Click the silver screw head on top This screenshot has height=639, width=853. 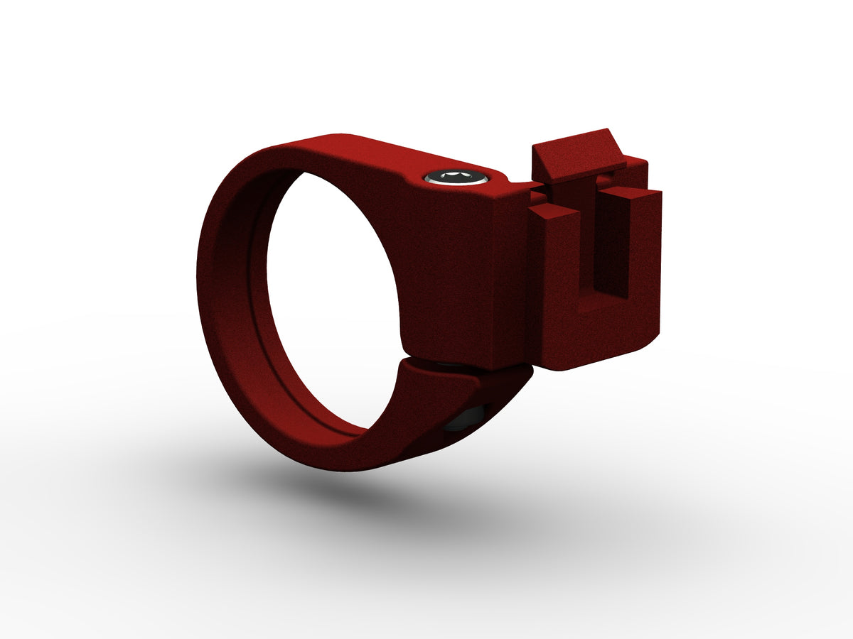tap(457, 177)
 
